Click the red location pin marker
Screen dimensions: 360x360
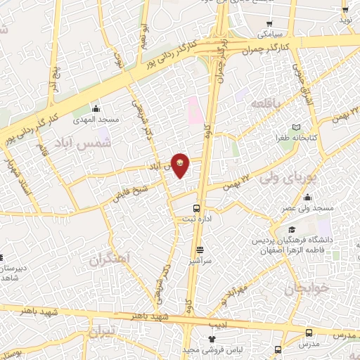181,165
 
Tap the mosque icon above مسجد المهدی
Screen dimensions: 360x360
96,109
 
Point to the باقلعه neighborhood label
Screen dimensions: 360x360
260,103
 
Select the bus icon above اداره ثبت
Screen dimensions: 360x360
197,207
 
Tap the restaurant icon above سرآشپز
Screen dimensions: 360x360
200,249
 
